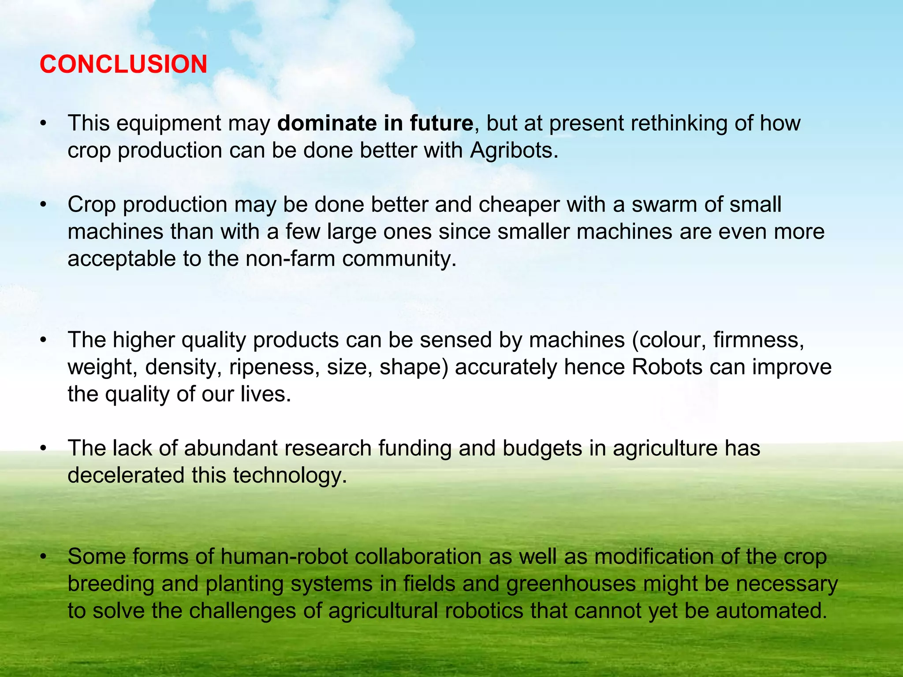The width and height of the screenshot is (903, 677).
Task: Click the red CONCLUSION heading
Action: [x=123, y=64]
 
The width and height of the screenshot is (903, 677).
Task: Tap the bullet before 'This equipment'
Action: [x=43, y=124]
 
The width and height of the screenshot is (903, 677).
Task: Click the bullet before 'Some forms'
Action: [x=43, y=557]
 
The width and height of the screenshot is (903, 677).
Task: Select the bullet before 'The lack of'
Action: [x=43, y=449]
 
